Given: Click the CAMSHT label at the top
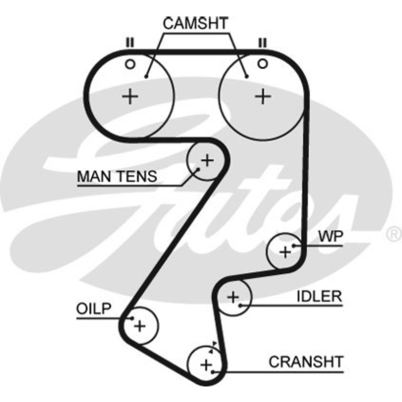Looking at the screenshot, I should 195,23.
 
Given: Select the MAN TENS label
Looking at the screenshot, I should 117,176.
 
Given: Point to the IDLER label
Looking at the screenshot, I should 319,296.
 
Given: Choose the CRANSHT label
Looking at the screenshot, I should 306,362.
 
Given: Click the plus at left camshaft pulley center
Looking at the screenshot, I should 131,96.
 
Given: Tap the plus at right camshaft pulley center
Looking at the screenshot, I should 262,96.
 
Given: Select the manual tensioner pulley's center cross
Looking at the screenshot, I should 207,160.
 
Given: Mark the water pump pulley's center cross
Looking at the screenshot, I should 285,251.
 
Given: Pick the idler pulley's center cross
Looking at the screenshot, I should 233,297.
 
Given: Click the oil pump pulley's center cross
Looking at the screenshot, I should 140,326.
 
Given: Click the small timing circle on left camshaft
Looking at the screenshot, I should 130,64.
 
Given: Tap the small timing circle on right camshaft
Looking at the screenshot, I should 262,64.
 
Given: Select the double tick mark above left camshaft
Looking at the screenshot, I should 130,42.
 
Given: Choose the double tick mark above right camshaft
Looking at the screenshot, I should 262,42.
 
